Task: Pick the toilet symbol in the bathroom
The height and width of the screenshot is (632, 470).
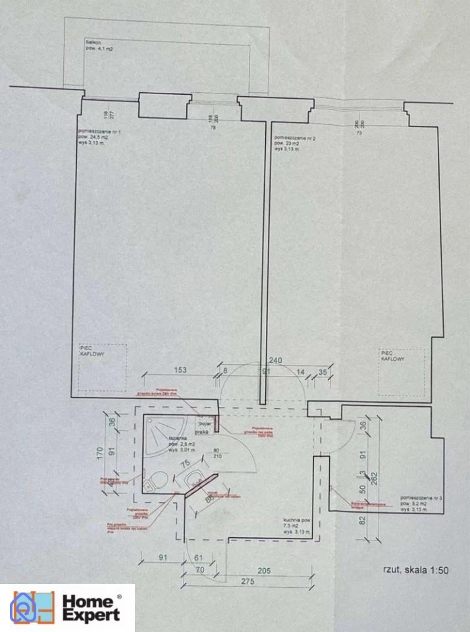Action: [x=151, y=484]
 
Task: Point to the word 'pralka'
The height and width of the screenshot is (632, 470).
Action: [x=201, y=432]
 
